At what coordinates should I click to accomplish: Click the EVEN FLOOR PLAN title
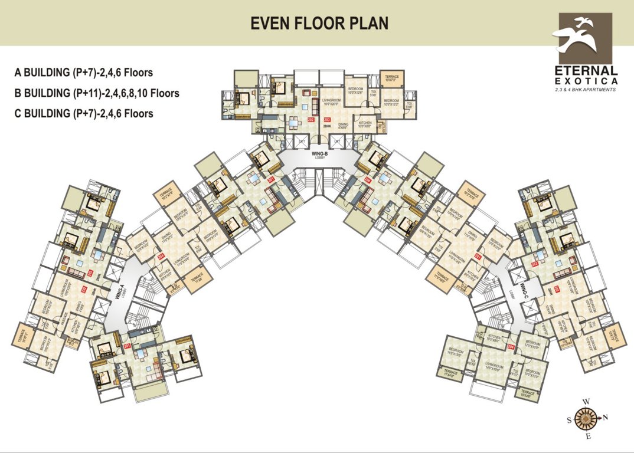pyautogui.click(x=319, y=23)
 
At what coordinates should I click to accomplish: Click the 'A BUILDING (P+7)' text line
pyautogui.click(x=84, y=73)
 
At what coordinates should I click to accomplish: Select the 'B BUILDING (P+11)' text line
pyautogui.click(x=97, y=93)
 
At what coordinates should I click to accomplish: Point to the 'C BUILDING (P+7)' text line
pyautogui.click(x=84, y=113)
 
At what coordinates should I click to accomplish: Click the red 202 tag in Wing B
pyautogui.click(x=312, y=120)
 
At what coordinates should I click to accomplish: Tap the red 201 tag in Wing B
pyautogui.click(x=271, y=179)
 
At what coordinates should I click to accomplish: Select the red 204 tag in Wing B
pyautogui.click(x=368, y=179)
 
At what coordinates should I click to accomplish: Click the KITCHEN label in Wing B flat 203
pyautogui.click(x=365, y=124)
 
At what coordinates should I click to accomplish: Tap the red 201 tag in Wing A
pyautogui.click(x=127, y=347)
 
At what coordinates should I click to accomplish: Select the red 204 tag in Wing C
pyautogui.click(x=511, y=347)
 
